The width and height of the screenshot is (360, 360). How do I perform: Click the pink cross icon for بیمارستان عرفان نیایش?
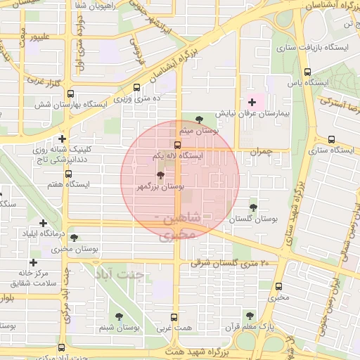252,103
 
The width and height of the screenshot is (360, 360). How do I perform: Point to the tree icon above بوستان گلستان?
253,207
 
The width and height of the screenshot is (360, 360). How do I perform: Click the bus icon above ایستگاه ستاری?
331,139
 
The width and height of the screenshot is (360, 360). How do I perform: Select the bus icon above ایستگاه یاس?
307,72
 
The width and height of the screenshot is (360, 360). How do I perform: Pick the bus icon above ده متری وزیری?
136,89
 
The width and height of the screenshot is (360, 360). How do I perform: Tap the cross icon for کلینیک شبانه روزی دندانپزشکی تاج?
63,139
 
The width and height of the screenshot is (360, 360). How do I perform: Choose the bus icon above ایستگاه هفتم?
68,174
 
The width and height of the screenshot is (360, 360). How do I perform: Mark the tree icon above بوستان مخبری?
75,238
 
